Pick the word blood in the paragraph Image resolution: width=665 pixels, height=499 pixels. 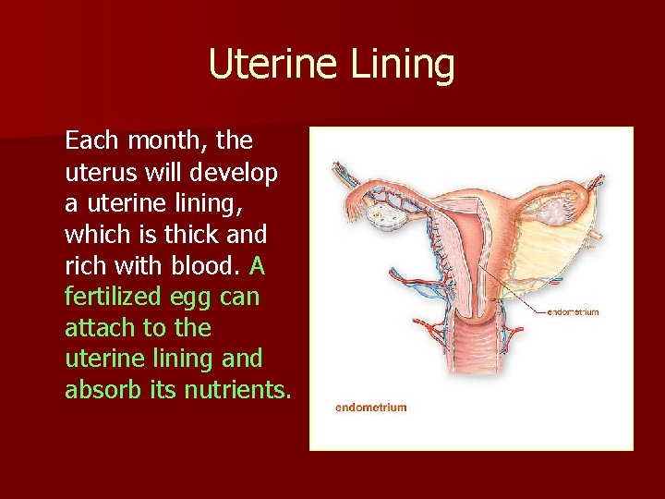[212, 266]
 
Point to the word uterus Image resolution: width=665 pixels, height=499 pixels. [96, 173]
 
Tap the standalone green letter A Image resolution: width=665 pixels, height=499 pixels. [257, 266]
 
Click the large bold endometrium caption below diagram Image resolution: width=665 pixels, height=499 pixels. [370, 408]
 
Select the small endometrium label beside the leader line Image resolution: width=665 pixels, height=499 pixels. [573, 312]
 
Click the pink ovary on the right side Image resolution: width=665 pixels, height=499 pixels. [553, 213]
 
